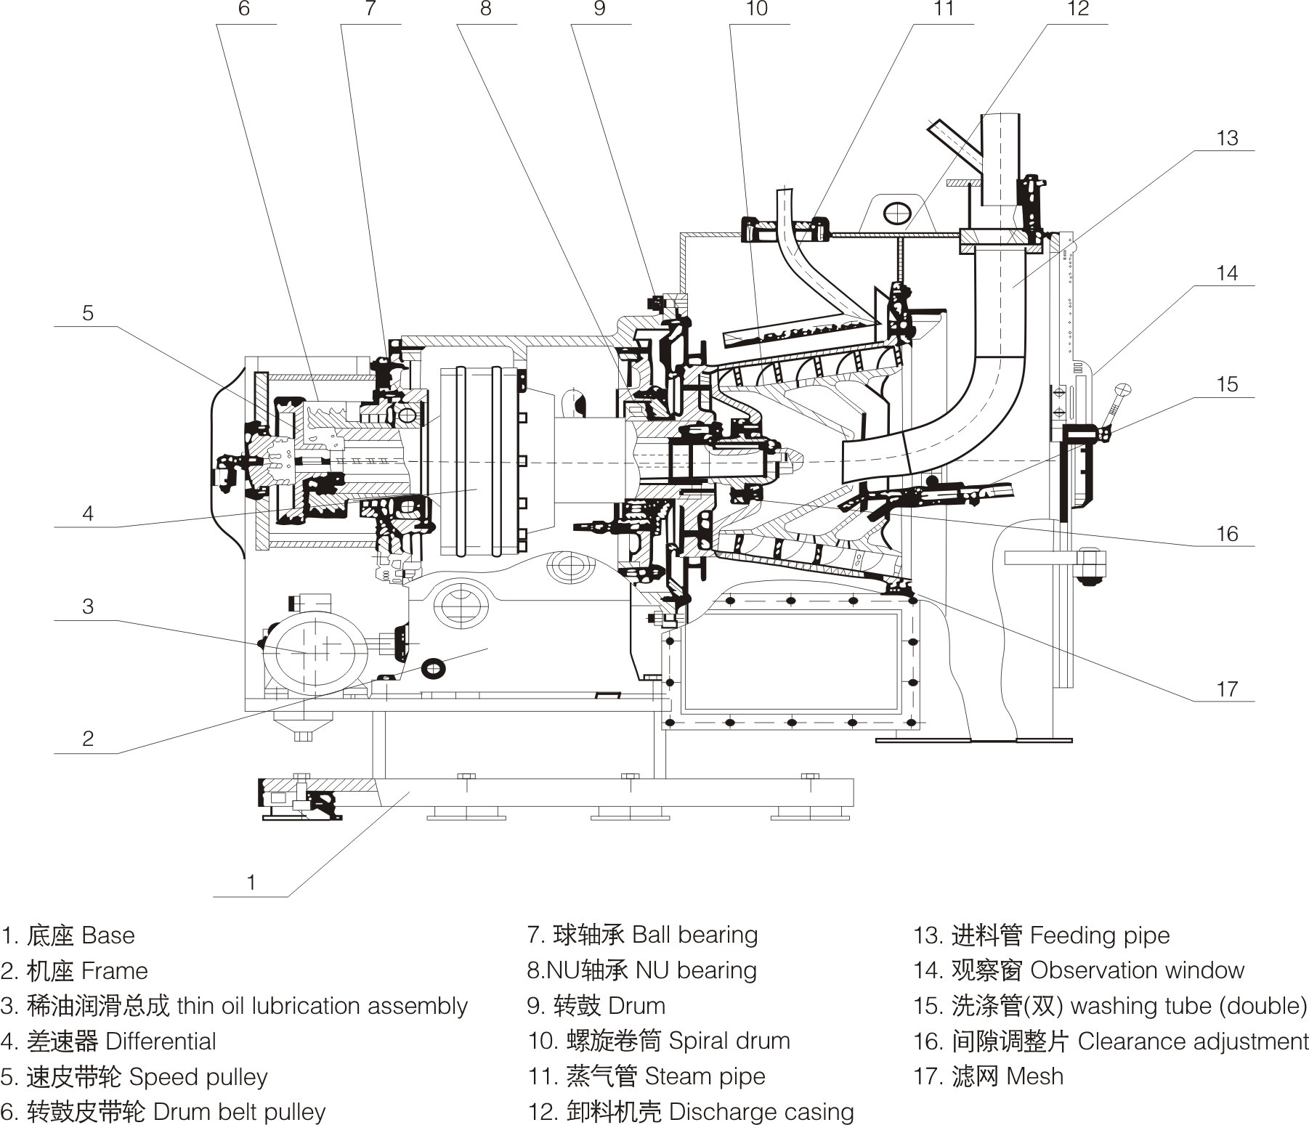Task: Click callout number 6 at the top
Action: (243, 9)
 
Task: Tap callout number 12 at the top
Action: (1078, 9)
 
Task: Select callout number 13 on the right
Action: (1227, 138)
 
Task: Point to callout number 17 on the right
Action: (1227, 689)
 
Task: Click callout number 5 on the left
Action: (88, 313)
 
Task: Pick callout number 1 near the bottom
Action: (251, 882)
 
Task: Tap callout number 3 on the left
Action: (88, 606)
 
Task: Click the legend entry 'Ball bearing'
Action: (642, 935)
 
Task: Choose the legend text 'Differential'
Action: (108, 1041)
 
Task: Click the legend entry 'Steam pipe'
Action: (647, 1076)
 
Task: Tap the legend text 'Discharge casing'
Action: (691, 1112)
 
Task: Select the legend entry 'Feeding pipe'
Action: (1042, 935)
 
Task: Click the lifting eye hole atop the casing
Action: (897, 213)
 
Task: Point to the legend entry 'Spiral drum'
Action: (658, 1041)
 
